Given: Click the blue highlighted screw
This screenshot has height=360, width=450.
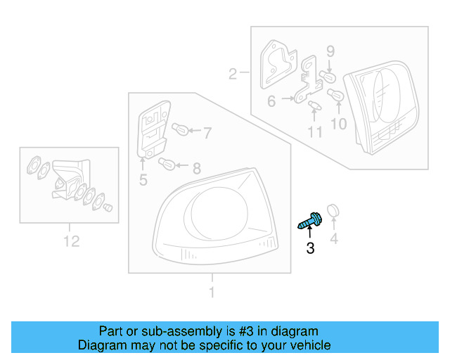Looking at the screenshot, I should click(309, 221).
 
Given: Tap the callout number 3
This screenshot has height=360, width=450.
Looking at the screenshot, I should click(310, 248).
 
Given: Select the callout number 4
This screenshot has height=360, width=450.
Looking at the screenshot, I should click(334, 240).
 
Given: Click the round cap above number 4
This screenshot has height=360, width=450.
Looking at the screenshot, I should click(334, 209).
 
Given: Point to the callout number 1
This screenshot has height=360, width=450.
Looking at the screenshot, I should click(212, 292).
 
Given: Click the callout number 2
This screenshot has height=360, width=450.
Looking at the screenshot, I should click(233, 72).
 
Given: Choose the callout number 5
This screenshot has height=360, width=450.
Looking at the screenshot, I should click(143, 180).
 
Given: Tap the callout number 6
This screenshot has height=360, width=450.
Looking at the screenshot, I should click(271, 101).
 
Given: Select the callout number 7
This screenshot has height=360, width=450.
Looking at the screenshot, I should click(206, 131).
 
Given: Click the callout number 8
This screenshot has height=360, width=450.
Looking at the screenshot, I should click(196, 168).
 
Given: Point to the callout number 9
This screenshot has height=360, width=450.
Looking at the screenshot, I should click(330, 51).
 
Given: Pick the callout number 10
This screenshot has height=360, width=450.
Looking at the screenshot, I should click(339, 124).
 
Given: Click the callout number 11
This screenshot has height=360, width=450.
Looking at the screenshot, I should click(314, 131).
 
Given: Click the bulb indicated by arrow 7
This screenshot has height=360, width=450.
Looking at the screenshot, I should click(179, 129).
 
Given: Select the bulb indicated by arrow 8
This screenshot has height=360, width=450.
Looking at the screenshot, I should click(167, 165).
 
